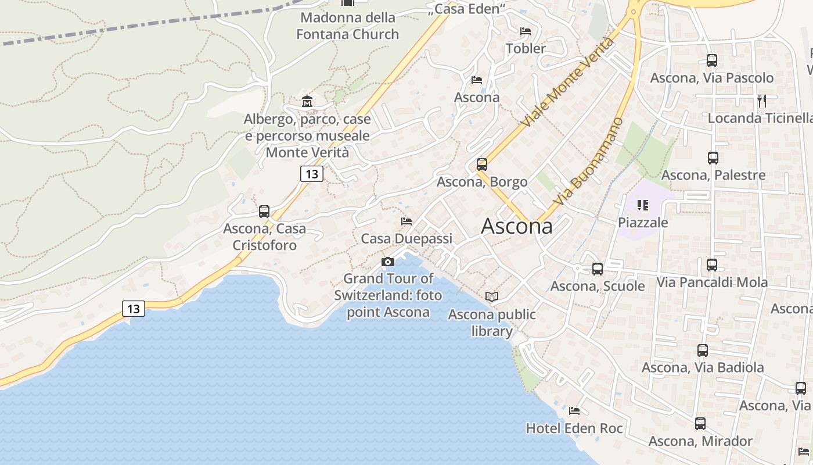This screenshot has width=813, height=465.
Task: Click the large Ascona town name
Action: click(x=517, y=226)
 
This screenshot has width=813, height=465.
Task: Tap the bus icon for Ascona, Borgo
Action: click(x=482, y=164)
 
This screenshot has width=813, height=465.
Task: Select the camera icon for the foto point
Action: click(x=388, y=262)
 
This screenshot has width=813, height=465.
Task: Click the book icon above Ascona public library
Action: click(x=492, y=297)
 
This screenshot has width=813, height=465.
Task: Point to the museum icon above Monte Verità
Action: click(x=307, y=102)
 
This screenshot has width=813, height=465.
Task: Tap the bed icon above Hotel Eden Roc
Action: click(x=574, y=411)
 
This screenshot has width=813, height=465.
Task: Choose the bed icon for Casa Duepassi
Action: click(x=406, y=221)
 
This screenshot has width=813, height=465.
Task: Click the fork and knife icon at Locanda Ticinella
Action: click(x=762, y=101)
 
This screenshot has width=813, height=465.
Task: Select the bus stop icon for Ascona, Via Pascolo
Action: click(x=712, y=60)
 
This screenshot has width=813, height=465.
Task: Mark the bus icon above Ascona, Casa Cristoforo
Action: click(x=264, y=212)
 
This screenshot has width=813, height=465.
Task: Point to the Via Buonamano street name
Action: click(x=588, y=162)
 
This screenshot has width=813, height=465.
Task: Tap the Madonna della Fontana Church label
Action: click(x=347, y=26)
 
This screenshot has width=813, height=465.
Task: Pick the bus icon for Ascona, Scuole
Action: click(x=598, y=269)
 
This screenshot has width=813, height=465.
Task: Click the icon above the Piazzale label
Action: click(x=642, y=205)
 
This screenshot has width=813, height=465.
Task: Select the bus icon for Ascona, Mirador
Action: click(x=700, y=424)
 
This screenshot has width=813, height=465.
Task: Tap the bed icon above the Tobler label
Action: click(x=526, y=31)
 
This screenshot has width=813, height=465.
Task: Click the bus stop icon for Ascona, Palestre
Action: click(x=713, y=158)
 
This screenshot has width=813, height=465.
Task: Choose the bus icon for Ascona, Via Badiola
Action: click(x=703, y=350)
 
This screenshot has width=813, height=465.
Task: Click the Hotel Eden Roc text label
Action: click(x=574, y=429)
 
